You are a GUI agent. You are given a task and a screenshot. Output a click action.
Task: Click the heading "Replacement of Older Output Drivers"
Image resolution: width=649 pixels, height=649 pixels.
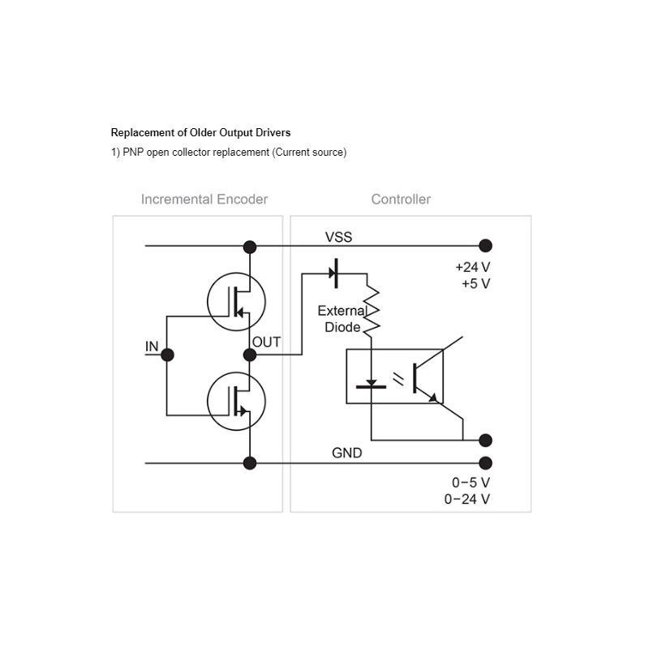(x=200, y=133)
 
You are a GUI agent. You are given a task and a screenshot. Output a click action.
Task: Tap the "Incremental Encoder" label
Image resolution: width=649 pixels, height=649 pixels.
(x=204, y=199)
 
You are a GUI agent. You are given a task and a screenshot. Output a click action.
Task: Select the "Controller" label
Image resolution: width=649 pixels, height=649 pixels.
(x=401, y=199)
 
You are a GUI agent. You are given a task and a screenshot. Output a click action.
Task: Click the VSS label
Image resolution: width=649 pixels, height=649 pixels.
(x=338, y=237)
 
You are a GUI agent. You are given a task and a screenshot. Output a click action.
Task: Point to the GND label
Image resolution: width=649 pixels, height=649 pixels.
(x=347, y=453)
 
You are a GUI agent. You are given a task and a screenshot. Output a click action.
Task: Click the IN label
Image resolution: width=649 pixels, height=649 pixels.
(x=152, y=346)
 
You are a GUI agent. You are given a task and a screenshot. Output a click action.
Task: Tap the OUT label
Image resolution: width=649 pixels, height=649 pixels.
(x=267, y=342)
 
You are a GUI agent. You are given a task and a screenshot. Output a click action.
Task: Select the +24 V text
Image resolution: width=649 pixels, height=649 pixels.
(x=473, y=268)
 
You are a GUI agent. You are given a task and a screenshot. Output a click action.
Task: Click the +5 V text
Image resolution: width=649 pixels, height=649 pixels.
(x=476, y=284)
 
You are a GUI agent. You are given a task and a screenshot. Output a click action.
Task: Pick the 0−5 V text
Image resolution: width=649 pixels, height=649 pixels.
(x=471, y=483)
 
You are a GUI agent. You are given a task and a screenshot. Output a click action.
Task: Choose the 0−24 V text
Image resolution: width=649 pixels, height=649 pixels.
(x=467, y=499)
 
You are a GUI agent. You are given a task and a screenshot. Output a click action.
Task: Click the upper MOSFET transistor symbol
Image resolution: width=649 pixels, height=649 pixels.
(x=236, y=302)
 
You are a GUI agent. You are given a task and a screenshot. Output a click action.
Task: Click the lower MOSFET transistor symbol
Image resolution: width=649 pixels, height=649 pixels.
(x=236, y=401)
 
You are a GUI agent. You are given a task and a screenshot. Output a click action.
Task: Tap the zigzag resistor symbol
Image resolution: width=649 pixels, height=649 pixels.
(x=372, y=309)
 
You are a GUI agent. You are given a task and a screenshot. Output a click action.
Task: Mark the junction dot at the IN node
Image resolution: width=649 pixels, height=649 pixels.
(x=167, y=355)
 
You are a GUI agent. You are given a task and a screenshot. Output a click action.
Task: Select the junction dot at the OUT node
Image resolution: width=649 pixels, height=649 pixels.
(x=250, y=355)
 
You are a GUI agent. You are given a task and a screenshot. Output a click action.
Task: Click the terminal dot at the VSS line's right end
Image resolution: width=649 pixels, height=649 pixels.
(x=485, y=246)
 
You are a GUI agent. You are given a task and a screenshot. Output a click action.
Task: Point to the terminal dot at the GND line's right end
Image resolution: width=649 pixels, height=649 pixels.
(x=485, y=463)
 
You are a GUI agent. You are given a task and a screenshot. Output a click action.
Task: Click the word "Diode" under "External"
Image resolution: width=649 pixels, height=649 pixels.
(x=342, y=328)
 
